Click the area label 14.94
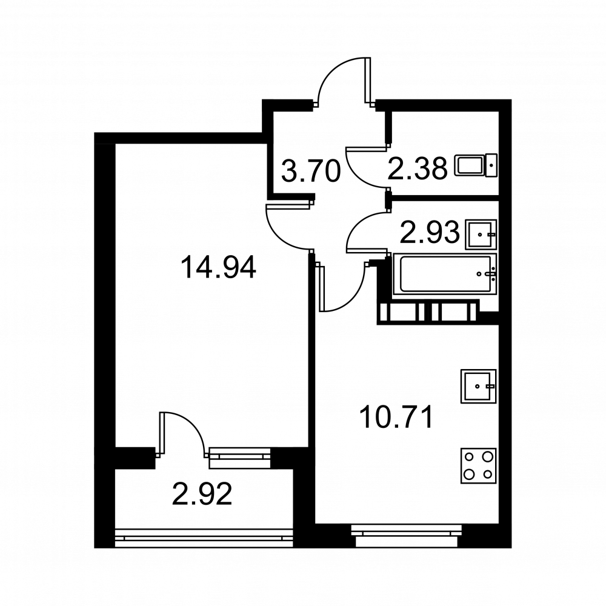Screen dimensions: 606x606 pyautogui.click(x=218, y=268)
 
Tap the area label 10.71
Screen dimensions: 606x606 pyautogui.click(x=396, y=418)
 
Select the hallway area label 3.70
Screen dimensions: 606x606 pyautogui.click(x=311, y=171)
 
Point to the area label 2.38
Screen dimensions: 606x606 pyautogui.click(x=418, y=169)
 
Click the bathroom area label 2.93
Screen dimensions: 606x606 pyautogui.click(x=430, y=233)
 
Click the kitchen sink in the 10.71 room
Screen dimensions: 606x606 pyautogui.click(x=479, y=386)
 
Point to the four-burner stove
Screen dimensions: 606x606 pyautogui.click(x=479, y=466)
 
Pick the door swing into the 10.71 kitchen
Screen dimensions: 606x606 pyautogui.click(x=342, y=287)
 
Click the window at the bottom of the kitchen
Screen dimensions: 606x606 pyautogui.click(x=407, y=535)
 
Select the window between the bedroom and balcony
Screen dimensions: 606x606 pyautogui.click(x=239, y=458)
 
